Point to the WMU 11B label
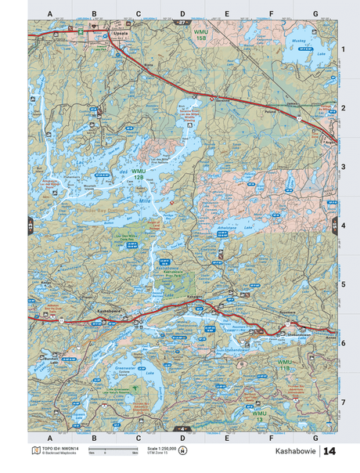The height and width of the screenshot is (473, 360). pyautogui.click(x=283, y=365)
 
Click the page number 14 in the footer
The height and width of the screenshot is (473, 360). pyautogui.click(x=329, y=452)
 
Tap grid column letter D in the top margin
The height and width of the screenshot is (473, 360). pyautogui.click(x=182, y=14)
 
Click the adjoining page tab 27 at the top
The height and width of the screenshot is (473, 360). pyautogui.click(x=182, y=23)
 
